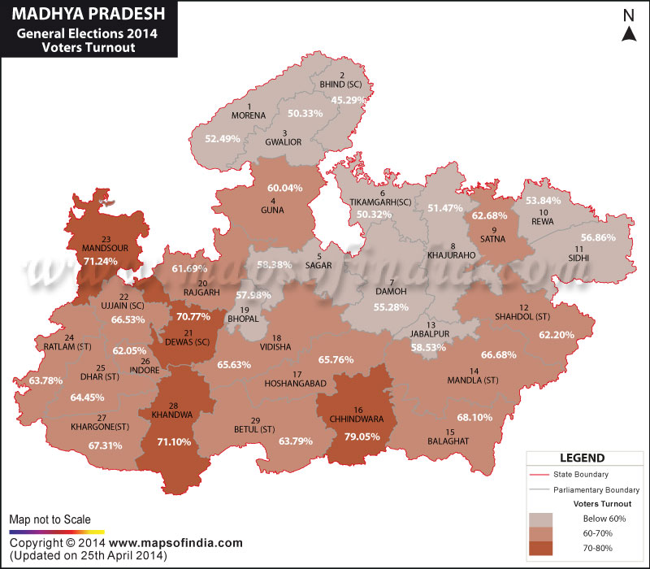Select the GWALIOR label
click(x=284, y=142)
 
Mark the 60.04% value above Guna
click(x=284, y=188)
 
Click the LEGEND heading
click(x=580, y=458)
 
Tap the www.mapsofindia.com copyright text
click(x=175, y=543)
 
